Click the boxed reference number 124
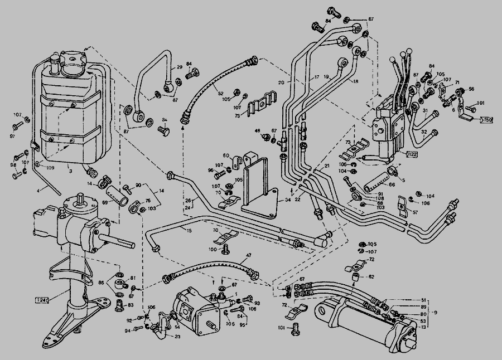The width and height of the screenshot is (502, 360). coord(42,300)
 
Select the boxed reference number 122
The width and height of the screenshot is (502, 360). coord(413,154)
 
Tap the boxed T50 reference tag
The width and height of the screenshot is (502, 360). coord(487,120)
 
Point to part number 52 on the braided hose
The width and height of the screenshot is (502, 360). coord(220,93)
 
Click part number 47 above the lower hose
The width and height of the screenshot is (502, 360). coord(249,256)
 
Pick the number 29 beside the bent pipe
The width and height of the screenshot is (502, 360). coord(180,67)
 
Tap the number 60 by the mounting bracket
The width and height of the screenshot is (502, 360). coord(226,155)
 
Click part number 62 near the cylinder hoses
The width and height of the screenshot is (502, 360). coord(371,276)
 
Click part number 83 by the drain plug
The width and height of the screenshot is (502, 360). coord(131,305)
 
